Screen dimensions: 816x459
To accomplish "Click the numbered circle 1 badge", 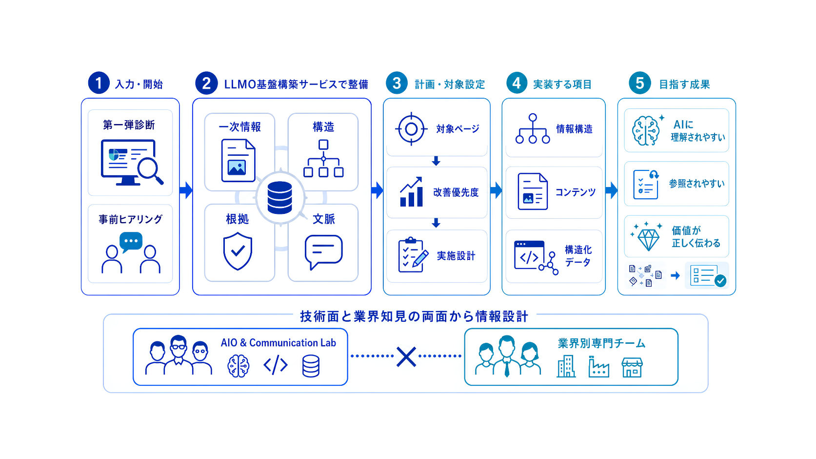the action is [x=99, y=83].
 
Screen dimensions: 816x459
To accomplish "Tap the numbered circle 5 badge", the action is [x=640, y=83].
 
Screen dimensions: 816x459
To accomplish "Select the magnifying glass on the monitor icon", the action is [x=150, y=170].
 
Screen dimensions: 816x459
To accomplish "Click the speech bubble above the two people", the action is [x=131, y=242].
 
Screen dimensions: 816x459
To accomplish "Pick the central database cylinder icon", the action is [x=280, y=197].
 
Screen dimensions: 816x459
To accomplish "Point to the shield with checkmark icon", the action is [x=238, y=251].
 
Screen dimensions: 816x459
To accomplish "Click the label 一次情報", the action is [x=239, y=127].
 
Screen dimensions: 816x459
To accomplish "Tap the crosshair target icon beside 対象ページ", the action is [x=411, y=129].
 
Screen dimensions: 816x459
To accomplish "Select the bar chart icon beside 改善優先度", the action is [x=412, y=192].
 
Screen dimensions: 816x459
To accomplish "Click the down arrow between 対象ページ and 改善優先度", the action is [x=436, y=161].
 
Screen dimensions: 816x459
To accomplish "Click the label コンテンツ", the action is [x=575, y=192].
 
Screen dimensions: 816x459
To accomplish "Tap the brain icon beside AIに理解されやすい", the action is [x=646, y=130].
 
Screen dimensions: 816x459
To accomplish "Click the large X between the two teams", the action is [x=406, y=356].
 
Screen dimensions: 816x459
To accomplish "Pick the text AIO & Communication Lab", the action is [x=279, y=343].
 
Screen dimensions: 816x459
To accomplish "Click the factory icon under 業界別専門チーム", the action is [x=598, y=366].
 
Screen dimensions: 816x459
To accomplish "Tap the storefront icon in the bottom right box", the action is [x=632, y=367].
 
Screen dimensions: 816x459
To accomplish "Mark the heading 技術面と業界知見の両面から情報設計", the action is [x=414, y=316].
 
